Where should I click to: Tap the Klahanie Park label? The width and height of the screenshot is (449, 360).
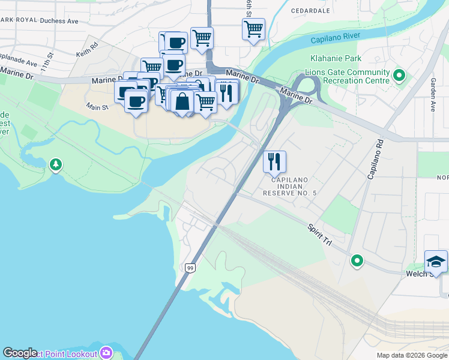click(x=336, y=59)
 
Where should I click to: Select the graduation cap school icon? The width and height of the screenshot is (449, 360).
click(x=436, y=261)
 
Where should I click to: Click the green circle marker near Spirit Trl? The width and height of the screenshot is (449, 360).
click(x=357, y=260)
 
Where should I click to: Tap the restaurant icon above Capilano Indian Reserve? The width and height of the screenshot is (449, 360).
click(x=274, y=161)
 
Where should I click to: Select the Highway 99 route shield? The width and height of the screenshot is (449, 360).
click(x=190, y=267)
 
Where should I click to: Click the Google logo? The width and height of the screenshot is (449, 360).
click(x=20, y=353)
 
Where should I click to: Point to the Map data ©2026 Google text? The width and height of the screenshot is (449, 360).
click(x=412, y=355)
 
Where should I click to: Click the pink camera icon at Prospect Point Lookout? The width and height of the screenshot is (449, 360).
click(x=106, y=352)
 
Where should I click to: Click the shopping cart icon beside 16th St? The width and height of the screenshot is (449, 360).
click(x=253, y=28)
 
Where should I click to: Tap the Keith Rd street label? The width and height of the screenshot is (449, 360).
click(x=86, y=49)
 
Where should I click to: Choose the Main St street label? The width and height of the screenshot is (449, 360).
click(x=96, y=107)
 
